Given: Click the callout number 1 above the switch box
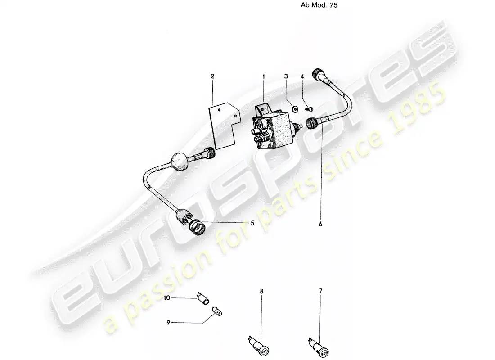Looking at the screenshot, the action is (x=263, y=76).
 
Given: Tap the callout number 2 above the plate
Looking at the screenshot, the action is (x=212, y=76).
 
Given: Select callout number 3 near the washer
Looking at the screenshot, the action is (x=286, y=76).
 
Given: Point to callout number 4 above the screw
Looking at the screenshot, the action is (x=302, y=76).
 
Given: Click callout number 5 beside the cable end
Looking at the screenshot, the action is (x=252, y=223).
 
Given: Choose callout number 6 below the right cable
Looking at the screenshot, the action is (x=320, y=224).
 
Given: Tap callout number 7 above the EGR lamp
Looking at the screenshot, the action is (x=321, y=291).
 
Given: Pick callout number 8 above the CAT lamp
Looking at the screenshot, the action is (x=261, y=292).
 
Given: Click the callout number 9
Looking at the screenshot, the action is (x=168, y=322).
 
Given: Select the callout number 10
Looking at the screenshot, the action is (x=166, y=298).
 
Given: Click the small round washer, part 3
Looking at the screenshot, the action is (x=295, y=109).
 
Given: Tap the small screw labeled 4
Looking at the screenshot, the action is (x=310, y=109).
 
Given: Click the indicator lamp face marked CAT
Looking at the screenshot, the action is (x=265, y=351).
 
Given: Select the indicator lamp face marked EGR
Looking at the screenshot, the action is (x=324, y=351).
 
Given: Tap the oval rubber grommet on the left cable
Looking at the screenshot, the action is (x=179, y=161).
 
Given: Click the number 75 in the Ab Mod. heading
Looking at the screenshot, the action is (x=333, y=5).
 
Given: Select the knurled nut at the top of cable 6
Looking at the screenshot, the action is (x=317, y=74).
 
